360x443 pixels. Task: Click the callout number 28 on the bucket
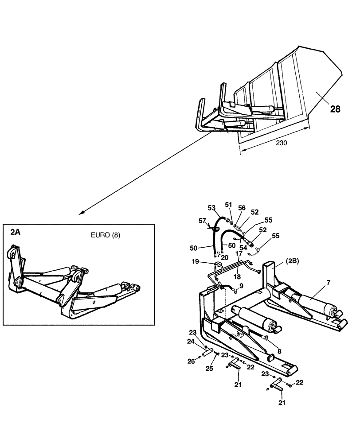tap(335, 109)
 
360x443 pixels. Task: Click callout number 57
tap(202, 220)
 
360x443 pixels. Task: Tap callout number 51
tap(228, 204)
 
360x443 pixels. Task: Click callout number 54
tap(243, 248)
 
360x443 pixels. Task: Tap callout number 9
tap(241, 286)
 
